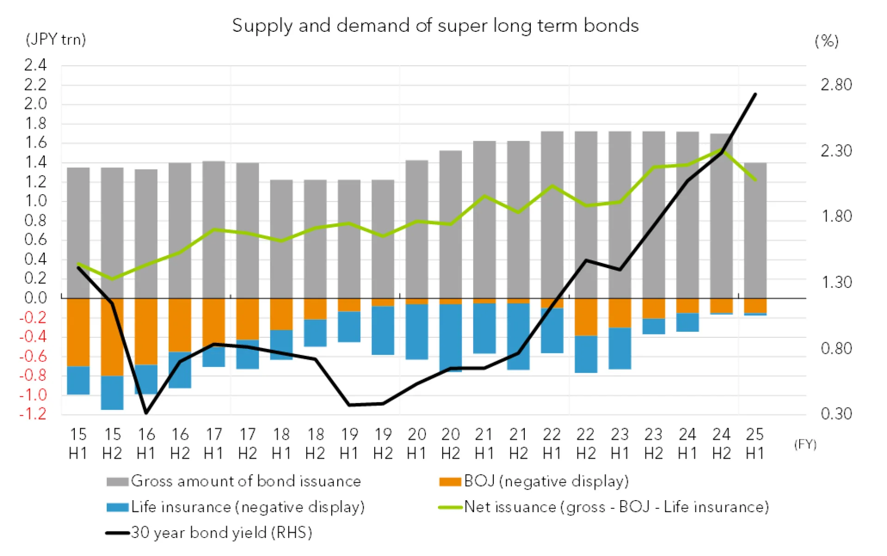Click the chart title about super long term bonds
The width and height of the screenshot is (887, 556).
click(435, 25)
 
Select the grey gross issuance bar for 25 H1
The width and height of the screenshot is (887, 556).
click(755, 231)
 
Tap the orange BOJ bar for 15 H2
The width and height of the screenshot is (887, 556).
click(112, 337)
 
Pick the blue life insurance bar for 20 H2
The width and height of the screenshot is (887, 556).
click(450, 337)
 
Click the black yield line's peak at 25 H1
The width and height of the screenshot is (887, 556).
click(755, 94)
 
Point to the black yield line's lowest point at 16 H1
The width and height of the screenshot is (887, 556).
click(146, 413)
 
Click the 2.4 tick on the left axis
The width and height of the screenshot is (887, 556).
click(36, 65)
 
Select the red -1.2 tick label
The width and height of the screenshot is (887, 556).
click(33, 414)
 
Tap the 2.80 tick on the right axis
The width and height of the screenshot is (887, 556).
click(836, 85)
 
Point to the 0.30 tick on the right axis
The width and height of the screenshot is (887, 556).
click(836, 414)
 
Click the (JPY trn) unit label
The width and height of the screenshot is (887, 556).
click(55, 40)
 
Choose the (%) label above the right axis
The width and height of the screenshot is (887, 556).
click(826, 41)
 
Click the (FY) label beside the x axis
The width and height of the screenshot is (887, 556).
click(805, 444)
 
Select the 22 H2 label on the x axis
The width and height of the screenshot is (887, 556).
click(586, 443)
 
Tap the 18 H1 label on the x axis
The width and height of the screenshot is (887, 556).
click(281, 443)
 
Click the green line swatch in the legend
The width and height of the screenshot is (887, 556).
click(450, 508)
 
